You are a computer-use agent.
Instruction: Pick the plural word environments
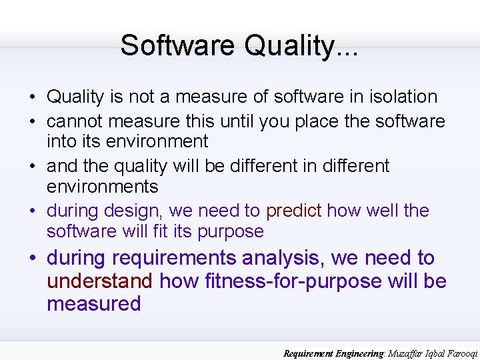click(x=102, y=186)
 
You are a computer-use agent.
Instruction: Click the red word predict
click(x=293, y=211)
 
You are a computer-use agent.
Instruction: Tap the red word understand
click(x=99, y=281)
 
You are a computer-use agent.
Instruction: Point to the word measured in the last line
click(x=93, y=304)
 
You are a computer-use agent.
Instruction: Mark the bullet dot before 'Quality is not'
click(x=32, y=97)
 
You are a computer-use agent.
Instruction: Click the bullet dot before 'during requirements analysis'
click(x=32, y=259)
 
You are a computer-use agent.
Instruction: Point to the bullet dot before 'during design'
click(x=32, y=211)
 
